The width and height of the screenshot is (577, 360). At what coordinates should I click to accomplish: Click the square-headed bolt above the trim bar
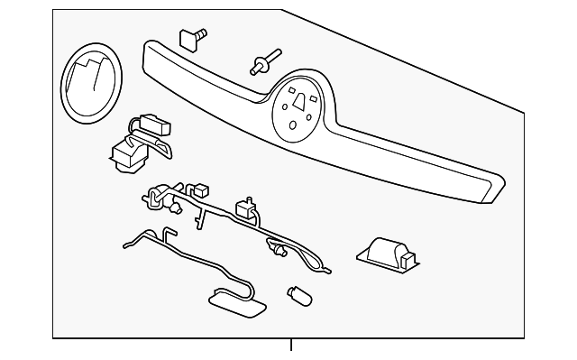click(192, 37)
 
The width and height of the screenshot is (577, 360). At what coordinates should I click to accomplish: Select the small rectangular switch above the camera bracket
click(155, 125)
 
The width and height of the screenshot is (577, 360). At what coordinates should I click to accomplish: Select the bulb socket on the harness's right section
click(280, 250)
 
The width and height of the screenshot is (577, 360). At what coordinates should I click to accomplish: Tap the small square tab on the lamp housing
click(407, 261)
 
